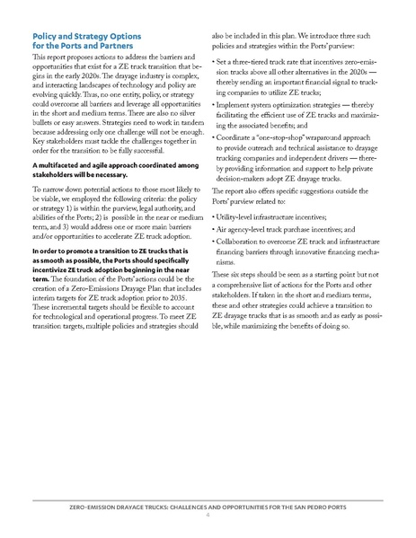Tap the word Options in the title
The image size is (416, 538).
pos(112,35)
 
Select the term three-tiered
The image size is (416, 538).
pos(261,60)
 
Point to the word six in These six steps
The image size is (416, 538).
pos(244,274)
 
